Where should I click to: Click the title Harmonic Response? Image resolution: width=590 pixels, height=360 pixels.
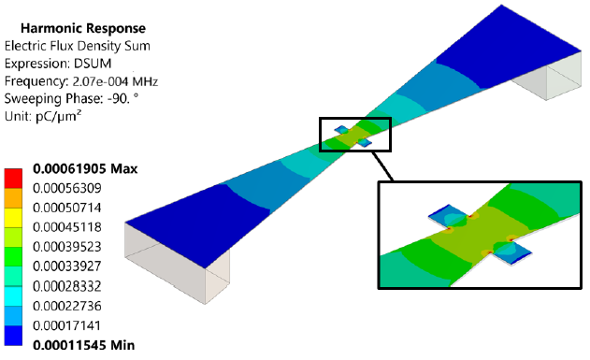click(x=83, y=28)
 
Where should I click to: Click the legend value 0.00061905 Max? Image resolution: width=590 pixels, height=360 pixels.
click(x=85, y=168)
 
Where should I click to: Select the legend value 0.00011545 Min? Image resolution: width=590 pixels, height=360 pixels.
click(x=84, y=345)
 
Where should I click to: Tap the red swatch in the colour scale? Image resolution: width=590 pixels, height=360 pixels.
click(x=13, y=179)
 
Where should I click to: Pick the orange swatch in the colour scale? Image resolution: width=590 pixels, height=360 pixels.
click(x=13, y=198)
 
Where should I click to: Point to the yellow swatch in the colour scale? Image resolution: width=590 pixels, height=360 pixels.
click(x=13, y=218)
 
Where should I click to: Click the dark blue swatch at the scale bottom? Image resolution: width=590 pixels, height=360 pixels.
click(x=13, y=335)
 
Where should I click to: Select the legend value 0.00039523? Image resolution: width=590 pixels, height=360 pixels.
click(x=67, y=247)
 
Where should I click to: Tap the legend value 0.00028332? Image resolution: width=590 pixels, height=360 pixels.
click(x=67, y=286)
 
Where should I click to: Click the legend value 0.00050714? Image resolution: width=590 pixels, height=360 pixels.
click(x=67, y=208)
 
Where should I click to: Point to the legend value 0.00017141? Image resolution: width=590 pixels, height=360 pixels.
click(x=67, y=325)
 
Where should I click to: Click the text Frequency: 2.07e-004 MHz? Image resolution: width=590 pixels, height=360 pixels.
click(x=81, y=81)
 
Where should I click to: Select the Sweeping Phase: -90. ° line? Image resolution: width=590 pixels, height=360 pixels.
click(x=71, y=98)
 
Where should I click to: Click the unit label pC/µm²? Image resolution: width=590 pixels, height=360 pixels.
click(x=58, y=116)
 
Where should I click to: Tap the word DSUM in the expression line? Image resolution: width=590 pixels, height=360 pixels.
click(x=93, y=64)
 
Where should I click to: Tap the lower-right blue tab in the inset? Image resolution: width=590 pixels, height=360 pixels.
click(x=511, y=252)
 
